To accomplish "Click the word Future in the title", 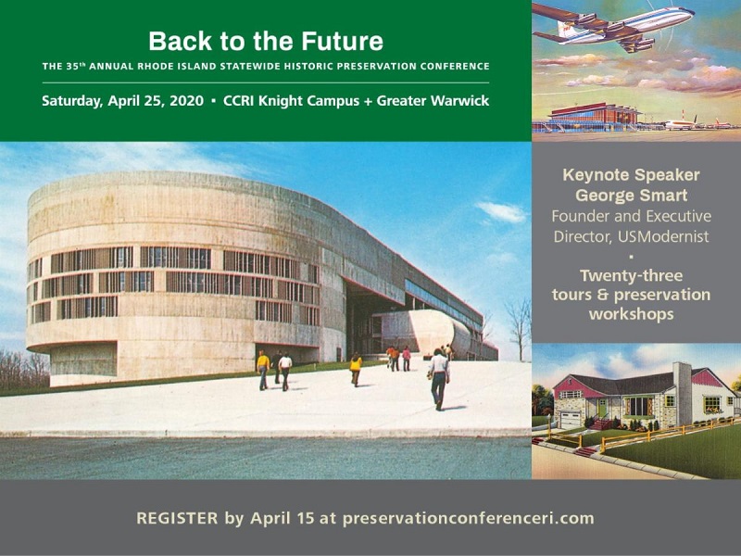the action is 342,41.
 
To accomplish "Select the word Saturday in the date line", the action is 72,101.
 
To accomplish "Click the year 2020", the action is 187,101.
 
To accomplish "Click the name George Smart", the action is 632,196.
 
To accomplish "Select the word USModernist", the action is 663,236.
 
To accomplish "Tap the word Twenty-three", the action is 632,275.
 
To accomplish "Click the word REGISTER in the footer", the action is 177,518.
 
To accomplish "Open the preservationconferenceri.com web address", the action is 469,519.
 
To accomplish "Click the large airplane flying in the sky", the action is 613,28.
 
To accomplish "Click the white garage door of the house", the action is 570,421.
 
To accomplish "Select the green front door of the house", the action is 601,409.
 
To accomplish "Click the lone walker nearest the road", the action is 439,379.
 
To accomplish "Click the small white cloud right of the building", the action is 501,211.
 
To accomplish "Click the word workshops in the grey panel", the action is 632,314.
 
